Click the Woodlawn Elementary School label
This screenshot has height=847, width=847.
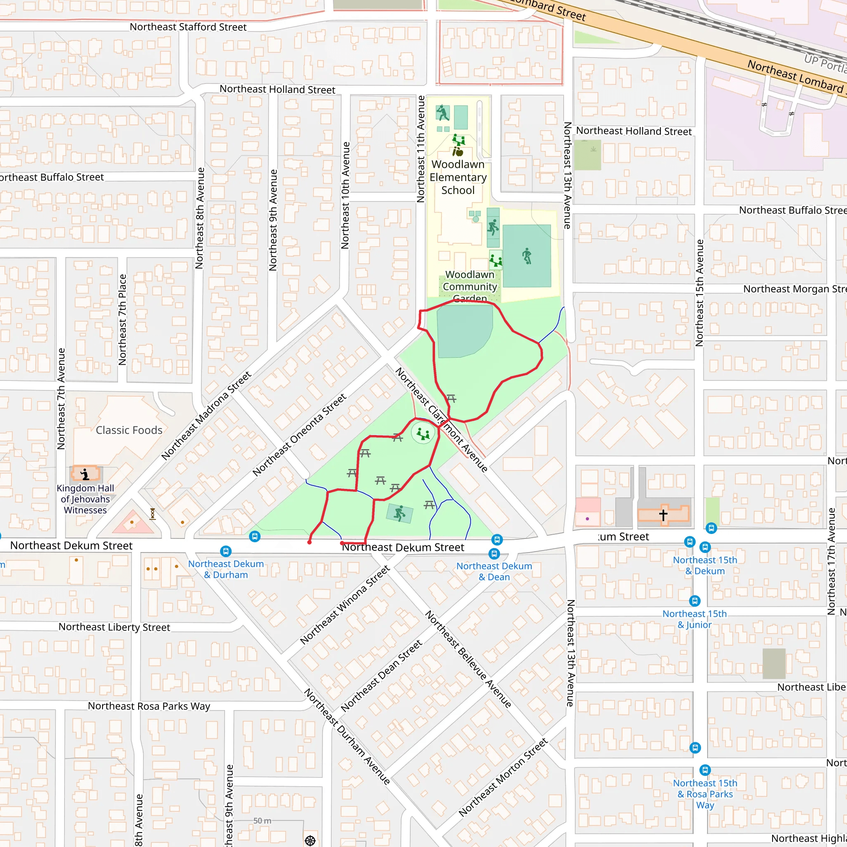458,177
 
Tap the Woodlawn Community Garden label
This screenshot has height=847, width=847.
469,286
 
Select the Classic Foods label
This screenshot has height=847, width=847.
129,430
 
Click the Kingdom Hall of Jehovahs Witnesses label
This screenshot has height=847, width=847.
85,499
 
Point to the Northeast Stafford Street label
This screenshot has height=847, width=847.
188,27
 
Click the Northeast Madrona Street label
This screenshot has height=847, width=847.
206,416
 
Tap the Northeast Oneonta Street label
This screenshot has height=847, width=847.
299,435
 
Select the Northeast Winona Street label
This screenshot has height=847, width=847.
345,605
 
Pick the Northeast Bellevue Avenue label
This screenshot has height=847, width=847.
468,659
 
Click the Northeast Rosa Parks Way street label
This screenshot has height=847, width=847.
149,706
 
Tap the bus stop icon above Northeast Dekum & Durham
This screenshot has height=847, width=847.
226,551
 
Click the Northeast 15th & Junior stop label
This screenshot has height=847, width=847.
694,619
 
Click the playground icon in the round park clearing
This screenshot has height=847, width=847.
423,434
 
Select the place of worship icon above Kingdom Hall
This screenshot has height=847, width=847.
86,474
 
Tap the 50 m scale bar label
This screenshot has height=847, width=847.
262,821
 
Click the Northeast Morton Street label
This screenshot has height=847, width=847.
503,777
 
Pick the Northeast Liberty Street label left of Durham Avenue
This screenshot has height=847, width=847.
115,627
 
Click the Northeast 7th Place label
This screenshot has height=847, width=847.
122,320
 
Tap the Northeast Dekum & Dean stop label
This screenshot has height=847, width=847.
494,572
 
